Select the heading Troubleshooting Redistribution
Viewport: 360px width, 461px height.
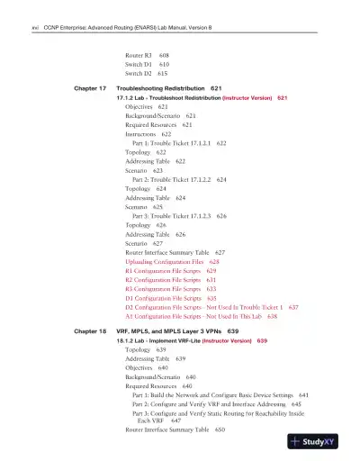click(161, 89)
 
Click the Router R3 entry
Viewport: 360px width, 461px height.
click(140, 55)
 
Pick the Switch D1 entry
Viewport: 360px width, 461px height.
click(139, 65)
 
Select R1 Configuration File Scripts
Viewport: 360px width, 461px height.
click(163, 270)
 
